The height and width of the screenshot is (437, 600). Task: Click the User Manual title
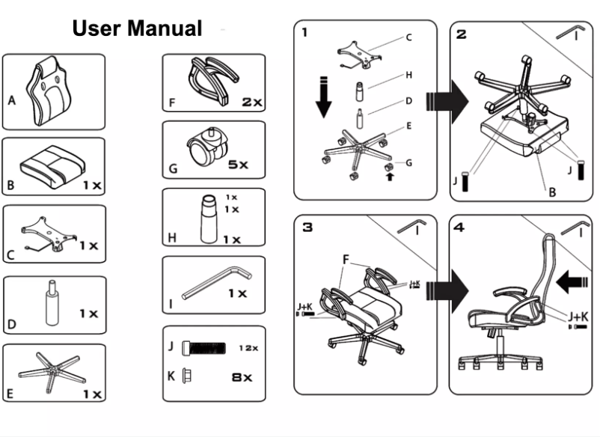pos(137,28)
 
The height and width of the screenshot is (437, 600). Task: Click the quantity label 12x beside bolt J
pos(248,348)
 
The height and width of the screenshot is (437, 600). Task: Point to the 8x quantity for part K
pos(242,377)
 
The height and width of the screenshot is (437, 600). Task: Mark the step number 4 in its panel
pos(459,227)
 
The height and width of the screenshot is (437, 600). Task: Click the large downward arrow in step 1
pos(323,96)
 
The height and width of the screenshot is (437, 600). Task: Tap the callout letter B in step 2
pos(552,192)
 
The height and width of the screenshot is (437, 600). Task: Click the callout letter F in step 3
pos(346,259)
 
